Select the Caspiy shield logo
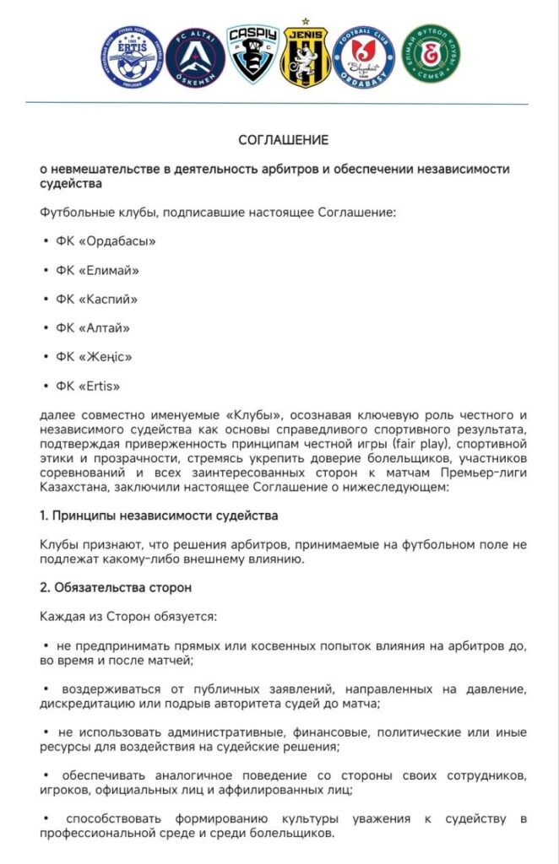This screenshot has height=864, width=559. click(253, 52)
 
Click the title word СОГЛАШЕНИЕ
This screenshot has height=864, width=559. click(283, 139)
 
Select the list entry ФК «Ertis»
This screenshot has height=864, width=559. click(89, 386)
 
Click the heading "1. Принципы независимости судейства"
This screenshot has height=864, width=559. click(159, 515)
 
